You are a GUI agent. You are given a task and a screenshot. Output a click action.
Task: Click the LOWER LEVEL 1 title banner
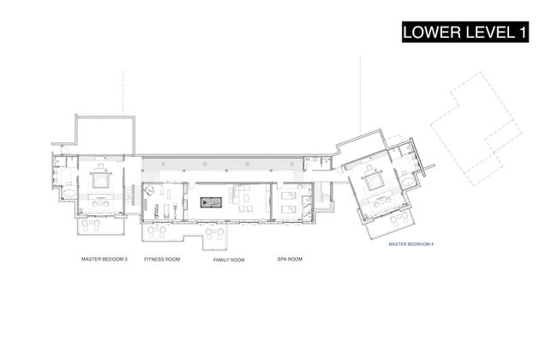(465, 32)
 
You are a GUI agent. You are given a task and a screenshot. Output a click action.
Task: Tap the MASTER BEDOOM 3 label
(104, 259)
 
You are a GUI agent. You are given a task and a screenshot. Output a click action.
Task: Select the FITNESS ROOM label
(162, 259)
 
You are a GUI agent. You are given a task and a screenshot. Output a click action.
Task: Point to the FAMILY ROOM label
(229, 260)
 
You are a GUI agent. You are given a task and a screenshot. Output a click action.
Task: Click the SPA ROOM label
(290, 259)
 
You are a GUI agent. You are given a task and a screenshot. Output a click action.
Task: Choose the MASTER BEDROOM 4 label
(410, 244)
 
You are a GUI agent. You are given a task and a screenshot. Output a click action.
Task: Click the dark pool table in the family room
(211, 202)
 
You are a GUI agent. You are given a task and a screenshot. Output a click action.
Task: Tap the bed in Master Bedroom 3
(100, 179)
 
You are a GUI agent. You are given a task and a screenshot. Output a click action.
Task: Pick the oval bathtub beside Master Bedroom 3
(69, 194)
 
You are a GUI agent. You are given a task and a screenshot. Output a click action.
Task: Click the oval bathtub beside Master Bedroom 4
(408, 183)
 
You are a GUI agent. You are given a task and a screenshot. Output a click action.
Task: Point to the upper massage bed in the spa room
(289, 195)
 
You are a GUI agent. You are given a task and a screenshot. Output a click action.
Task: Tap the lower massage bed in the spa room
(289, 209)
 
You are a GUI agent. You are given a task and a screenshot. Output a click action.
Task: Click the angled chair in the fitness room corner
(150, 190)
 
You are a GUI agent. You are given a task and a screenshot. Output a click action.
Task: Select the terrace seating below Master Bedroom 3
(91, 225)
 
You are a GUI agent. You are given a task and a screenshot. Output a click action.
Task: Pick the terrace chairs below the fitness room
(156, 231)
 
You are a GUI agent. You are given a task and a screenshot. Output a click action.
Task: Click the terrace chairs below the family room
(214, 233)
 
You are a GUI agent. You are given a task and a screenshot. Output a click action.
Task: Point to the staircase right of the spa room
(322, 195)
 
